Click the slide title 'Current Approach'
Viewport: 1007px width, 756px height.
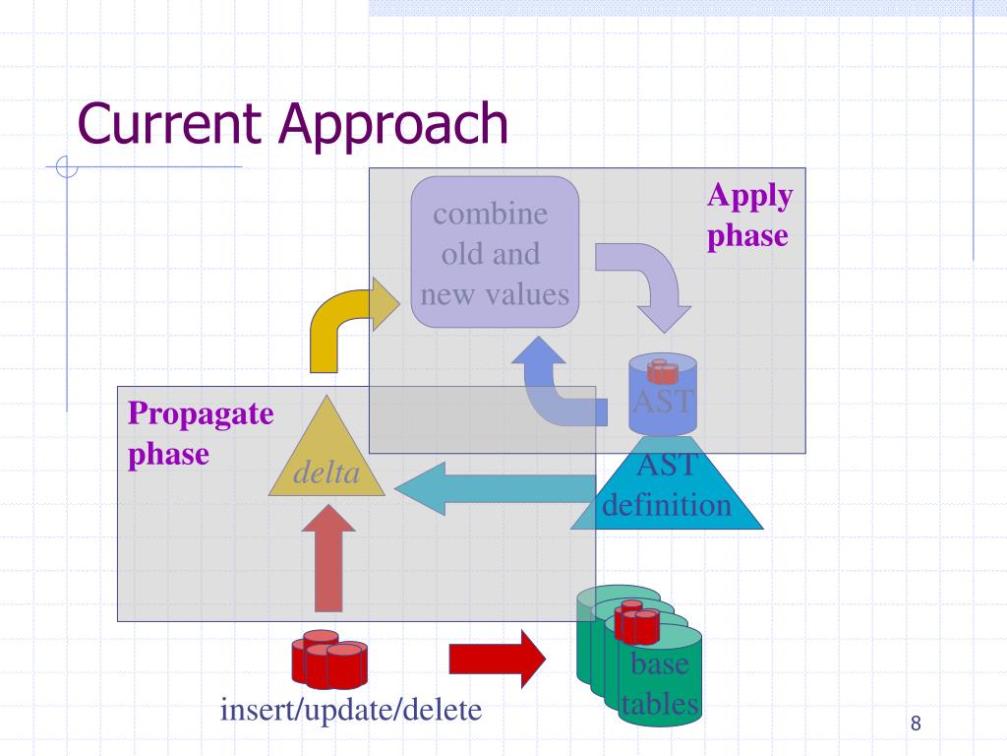(293, 124)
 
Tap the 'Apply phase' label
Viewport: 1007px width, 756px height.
(749, 216)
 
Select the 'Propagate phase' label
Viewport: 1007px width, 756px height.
(200, 433)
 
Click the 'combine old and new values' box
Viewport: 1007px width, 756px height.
(495, 254)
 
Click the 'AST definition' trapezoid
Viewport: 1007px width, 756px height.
(667, 490)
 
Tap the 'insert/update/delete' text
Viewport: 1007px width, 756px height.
(351, 709)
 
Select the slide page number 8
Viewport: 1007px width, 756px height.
(916, 724)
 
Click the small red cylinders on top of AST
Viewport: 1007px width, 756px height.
(662, 371)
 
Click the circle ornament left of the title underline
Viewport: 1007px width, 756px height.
(67, 168)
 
